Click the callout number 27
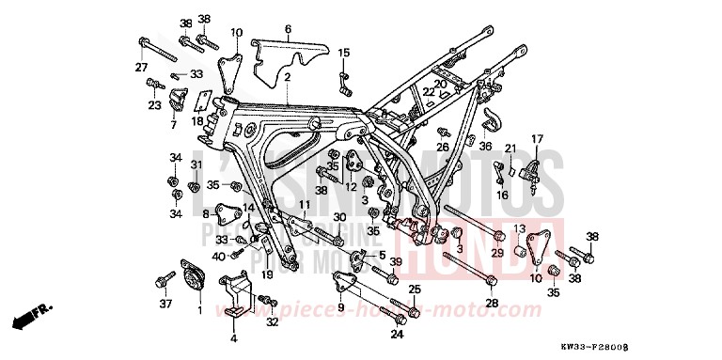click(x=141, y=66)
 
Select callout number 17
click(x=537, y=139)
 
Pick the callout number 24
click(x=397, y=333)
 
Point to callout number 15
click(x=344, y=53)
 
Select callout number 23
click(x=153, y=105)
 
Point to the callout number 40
click(x=219, y=256)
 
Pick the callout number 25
click(x=414, y=289)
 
